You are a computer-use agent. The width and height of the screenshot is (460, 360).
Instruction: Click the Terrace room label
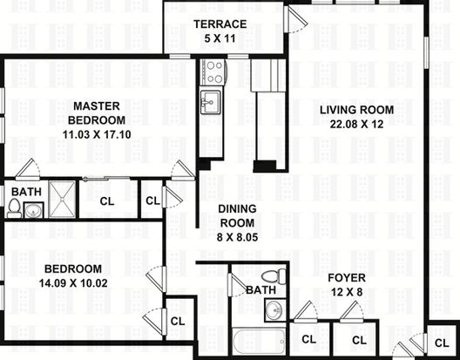tap(220, 24)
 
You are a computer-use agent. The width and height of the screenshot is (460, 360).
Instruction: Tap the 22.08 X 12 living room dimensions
tap(356, 124)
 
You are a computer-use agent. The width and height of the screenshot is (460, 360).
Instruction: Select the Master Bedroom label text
tap(97, 113)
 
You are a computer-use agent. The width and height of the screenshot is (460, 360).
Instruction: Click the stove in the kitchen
tap(213, 72)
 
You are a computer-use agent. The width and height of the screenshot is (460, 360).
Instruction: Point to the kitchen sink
tap(210, 102)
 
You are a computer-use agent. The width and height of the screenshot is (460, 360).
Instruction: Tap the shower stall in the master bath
tap(62, 200)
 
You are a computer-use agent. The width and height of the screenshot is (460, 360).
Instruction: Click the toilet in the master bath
tap(14, 208)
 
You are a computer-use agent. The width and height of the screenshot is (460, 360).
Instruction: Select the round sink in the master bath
tap(33, 210)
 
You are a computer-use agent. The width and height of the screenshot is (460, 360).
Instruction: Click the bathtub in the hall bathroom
tap(259, 342)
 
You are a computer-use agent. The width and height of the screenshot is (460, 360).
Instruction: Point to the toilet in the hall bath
tap(274, 276)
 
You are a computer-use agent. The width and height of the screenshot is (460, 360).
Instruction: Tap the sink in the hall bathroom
tap(275, 310)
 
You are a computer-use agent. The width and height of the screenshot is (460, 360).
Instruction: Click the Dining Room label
tap(237, 216)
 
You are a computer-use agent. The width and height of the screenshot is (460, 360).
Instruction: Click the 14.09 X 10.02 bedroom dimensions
tap(73, 283)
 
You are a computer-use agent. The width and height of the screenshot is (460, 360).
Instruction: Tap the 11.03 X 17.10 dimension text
tap(97, 135)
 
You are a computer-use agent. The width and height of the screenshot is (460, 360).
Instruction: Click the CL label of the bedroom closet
tap(178, 322)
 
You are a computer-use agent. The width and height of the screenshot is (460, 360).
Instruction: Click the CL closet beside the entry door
tap(442, 343)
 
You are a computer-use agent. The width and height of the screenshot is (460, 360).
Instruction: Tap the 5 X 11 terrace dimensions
tap(220, 38)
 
